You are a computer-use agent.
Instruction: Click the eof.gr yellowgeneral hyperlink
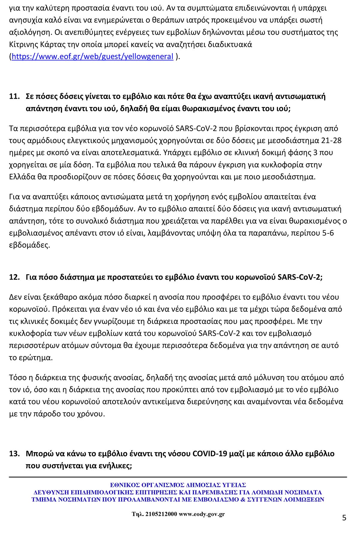point(92,56)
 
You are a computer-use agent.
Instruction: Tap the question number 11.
point(14,96)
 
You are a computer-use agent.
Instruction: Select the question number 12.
point(14,277)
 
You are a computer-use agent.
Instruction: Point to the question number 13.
point(14,453)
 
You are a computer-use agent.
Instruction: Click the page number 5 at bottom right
point(344,518)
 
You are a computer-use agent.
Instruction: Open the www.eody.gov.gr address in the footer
point(202,514)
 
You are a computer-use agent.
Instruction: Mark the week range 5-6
point(328,233)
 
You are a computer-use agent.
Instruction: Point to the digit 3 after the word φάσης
point(315,152)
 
